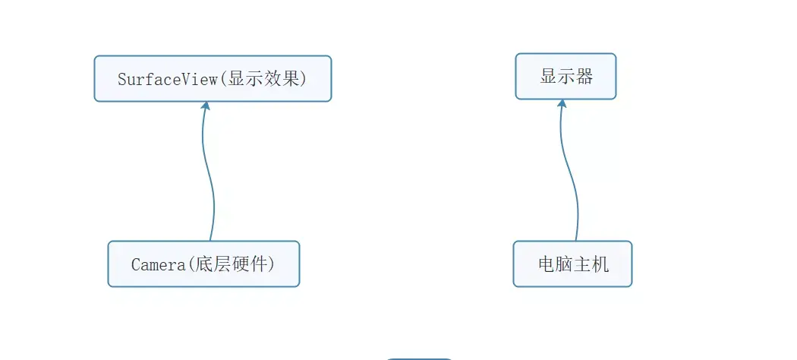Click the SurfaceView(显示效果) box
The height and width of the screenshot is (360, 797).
pyautogui.click(x=213, y=78)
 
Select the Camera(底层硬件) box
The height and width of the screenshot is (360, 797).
pyautogui.click(x=203, y=264)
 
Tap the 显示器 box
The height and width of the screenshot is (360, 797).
pyautogui.click(x=565, y=77)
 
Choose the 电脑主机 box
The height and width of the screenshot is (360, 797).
pyautogui.click(x=572, y=264)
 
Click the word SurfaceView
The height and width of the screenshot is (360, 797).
pyautogui.click(x=167, y=78)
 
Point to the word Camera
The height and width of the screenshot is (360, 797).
pyautogui.click(x=158, y=264)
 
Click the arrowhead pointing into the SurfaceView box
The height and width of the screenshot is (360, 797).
pyautogui.click(x=205, y=106)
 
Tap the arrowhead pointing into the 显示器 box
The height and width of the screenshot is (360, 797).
pyautogui.click(x=562, y=103)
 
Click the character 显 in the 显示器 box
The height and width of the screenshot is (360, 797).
pyautogui.click(x=548, y=77)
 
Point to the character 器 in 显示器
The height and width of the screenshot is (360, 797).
pyautogui.click(x=584, y=77)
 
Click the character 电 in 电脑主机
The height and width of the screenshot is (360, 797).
pyautogui.click(x=546, y=264)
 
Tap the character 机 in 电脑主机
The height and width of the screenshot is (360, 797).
pyautogui.click(x=600, y=264)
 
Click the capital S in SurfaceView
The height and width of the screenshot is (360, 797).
pyautogui.click(x=122, y=78)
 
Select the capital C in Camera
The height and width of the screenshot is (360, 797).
pyautogui.click(x=136, y=264)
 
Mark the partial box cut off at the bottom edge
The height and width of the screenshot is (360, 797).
pyautogui.click(x=419, y=358)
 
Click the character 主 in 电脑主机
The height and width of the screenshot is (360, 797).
pyautogui.click(x=582, y=264)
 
